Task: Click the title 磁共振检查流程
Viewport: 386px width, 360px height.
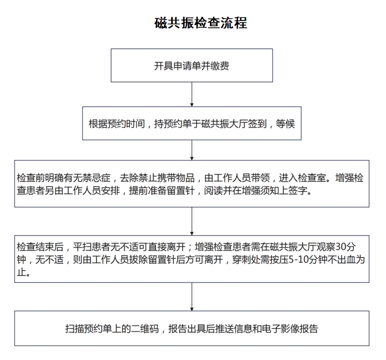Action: pos(201,23)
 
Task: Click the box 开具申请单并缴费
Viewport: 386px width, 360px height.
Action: pos(192,65)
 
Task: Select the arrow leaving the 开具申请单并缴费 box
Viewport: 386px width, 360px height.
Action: pos(192,95)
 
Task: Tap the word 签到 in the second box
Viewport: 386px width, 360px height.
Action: pos(257,124)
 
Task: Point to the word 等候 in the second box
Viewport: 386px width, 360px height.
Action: pos(285,124)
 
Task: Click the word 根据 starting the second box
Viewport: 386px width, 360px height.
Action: pos(98,124)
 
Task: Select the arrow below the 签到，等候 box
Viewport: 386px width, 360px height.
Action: pos(192,150)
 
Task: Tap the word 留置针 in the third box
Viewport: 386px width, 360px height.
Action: pos(181,190)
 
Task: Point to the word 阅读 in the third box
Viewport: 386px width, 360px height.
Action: pos(213,190)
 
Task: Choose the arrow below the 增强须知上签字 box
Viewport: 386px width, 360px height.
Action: pos(192,221)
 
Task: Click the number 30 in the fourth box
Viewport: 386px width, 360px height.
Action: pos(341,246)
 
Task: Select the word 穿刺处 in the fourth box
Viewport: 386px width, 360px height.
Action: pos(246,260)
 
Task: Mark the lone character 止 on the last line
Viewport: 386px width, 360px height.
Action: pos(22,272)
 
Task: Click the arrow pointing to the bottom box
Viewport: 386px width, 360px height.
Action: pos(192,297)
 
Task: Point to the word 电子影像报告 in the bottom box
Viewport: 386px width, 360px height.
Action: pos(290,328)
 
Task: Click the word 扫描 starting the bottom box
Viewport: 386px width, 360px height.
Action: pos(75,328)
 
